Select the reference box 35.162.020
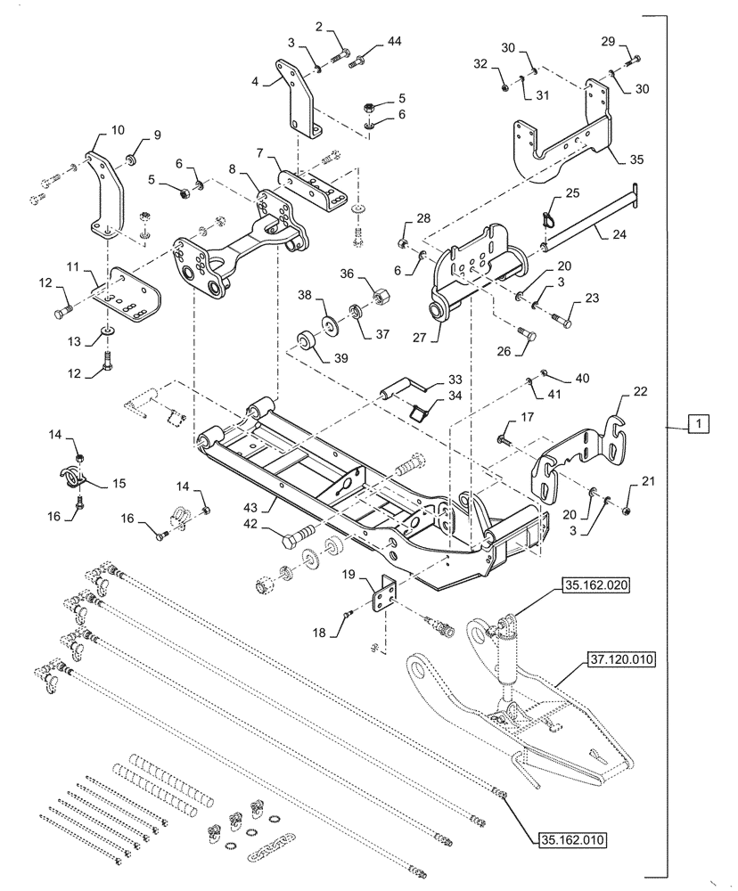click(594, 585)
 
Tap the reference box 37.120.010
click(620, 660)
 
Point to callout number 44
click(395, 42)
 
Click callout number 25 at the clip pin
click(572, 193)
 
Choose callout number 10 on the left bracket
click(119, 131)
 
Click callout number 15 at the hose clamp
click(119, 483)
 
